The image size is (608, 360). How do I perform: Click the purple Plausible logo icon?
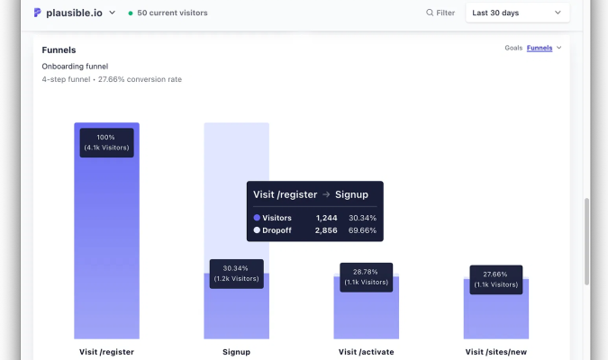click(x=38, y=13)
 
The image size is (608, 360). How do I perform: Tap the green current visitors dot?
click(x=131, y=13)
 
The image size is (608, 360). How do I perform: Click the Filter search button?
click(x=440, y=13)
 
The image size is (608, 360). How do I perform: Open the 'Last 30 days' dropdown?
click(x=517, y=13)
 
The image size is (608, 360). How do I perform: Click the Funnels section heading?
click(x=59, y=50)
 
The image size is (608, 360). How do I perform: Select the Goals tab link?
click(x=513, y=48)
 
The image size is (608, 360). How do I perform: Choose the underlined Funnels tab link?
click(x=540, y=48)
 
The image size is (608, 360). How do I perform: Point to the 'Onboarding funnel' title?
click(x=75, y=66)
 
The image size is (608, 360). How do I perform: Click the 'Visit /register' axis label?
click(x=106, y=352)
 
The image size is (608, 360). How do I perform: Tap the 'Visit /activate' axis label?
click(x=366, y=352)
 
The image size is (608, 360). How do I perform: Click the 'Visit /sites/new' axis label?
click(x=495, y=352)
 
